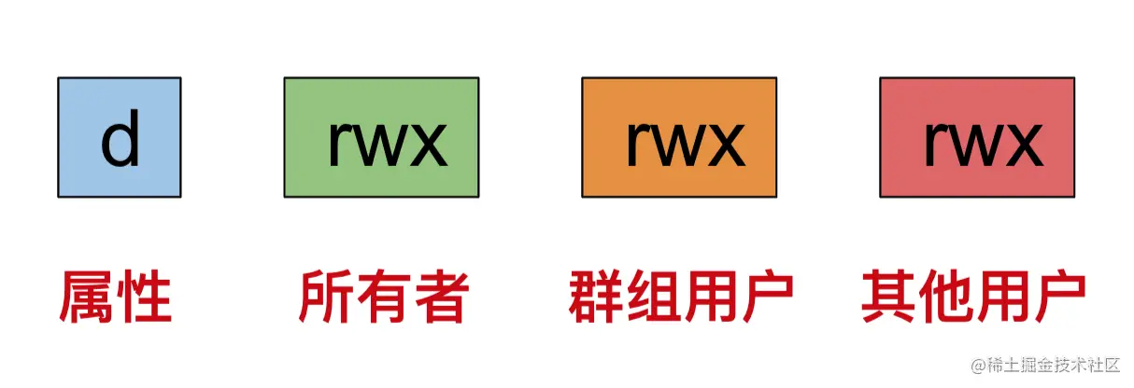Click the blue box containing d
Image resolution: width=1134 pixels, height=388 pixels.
click(x=120, y=137)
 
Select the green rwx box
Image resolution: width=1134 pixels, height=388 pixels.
click(x=381, y=137)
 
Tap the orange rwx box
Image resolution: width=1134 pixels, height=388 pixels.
click(x=679, y=137)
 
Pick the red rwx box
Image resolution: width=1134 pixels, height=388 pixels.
click(x=977, y=137)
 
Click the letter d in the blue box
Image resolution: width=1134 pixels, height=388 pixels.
click(x=120, y=141)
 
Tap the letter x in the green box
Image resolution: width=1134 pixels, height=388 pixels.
click(x=428, y=147)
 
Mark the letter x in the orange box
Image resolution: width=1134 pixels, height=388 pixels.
click(x=726, y=145)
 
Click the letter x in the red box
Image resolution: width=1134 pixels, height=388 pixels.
click(x=1024, y=145)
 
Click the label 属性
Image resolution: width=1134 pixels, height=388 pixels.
click(x=116, y=298)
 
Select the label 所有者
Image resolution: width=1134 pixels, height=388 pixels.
click(x=382, y=298)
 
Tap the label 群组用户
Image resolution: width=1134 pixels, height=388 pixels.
click(x=680, y=298)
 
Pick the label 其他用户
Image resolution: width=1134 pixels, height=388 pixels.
click(x=973, y=298)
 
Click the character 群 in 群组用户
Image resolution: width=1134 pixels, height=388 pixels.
click(x=596, y=298)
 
